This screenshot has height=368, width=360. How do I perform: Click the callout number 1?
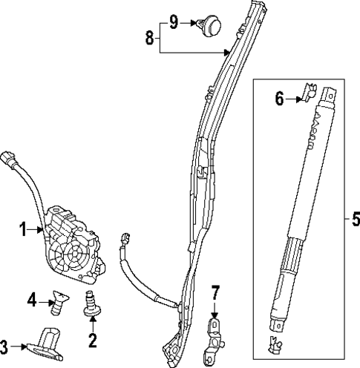(x=23, y=231)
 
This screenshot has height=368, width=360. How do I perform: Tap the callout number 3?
(x=7, y=346)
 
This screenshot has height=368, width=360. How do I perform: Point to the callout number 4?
(x=32, y=300)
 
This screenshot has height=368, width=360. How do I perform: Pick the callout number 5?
(x=353, y=220)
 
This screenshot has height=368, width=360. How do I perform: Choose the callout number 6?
(x=279, y=98)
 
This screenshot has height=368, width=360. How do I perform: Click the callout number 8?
(x=150, y=38)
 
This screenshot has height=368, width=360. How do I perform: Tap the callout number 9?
(x=174, y=22)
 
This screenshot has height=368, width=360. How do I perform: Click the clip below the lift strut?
(x=275, y=344)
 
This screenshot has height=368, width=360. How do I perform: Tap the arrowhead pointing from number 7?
(x=215, y=315)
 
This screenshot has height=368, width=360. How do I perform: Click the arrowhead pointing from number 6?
(x=299, y=98)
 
